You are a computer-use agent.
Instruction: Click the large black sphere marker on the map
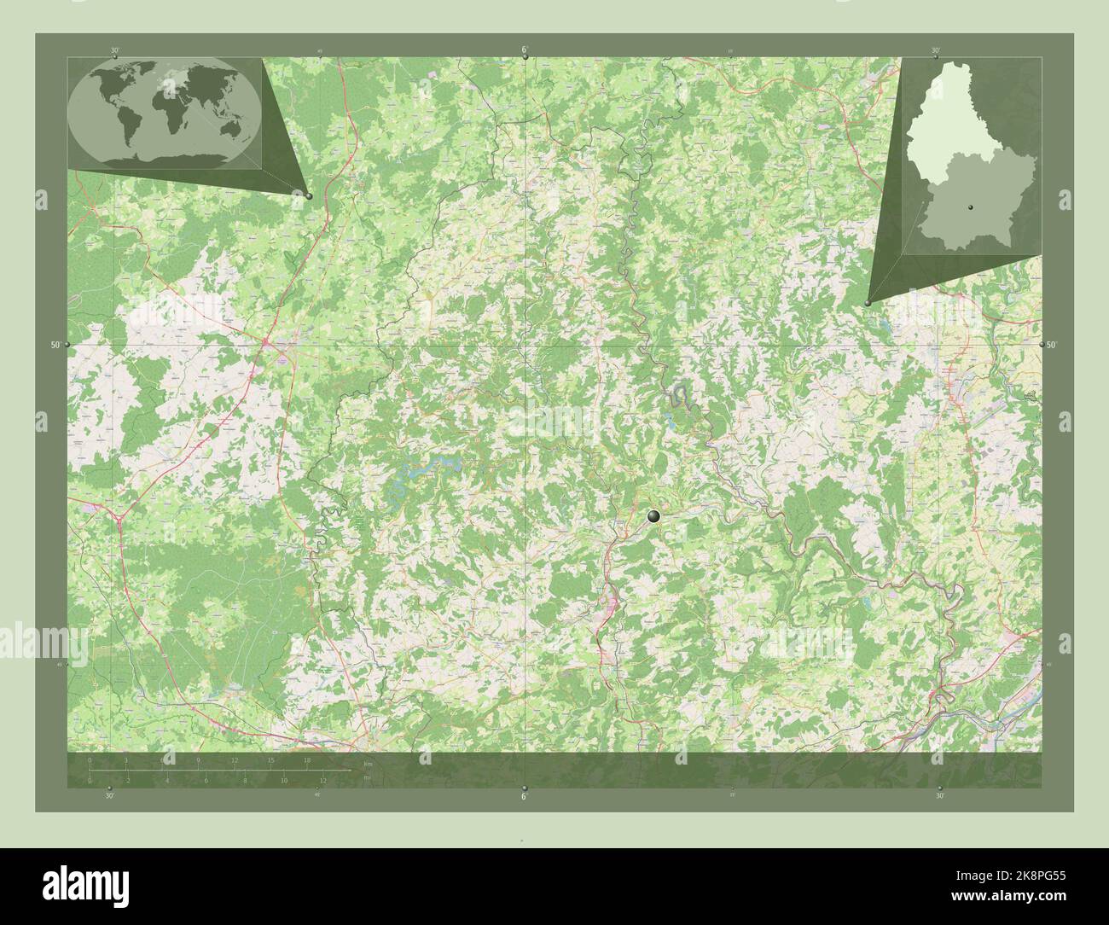pos(653,516)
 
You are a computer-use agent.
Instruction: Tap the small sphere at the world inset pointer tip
pos(309,196)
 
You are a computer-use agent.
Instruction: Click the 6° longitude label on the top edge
pos(524,49)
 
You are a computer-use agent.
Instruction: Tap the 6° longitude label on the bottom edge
pos(524,795)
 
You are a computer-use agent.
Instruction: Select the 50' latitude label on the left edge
pos(55,345)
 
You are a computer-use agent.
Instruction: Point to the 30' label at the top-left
pos(115,50)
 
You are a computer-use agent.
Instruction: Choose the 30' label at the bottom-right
pos(939,795)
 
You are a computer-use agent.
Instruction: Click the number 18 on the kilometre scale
pos(307,760)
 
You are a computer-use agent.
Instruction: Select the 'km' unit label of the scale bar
pos(368,764)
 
